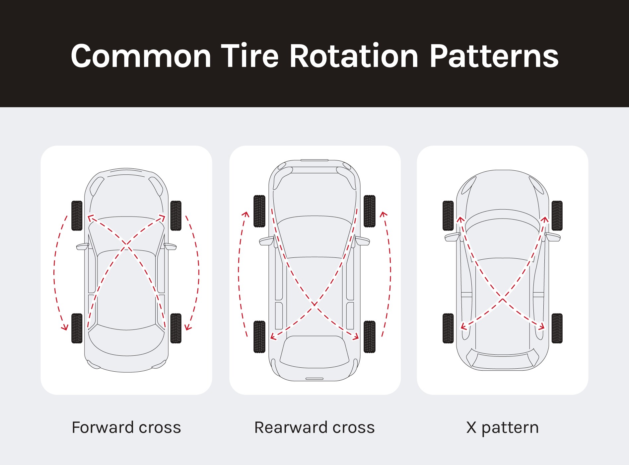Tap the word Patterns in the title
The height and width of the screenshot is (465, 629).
pyautogui.click(x=494, y=56)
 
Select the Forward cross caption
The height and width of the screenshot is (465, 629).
pyautogui.click(x=126, y=427)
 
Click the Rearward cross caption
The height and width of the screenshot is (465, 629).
pyautogui.click(x=314, y=427)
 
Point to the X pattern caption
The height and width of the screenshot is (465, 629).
pyautogui.click(x=502, y=428)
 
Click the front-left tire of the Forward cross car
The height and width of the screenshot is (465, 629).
pyautogui.click(x=77, y=216)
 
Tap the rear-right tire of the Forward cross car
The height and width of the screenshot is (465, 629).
pyautogui.click(x=176, y=328)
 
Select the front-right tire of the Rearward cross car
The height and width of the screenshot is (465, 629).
pyautogui.click(x=369, y=211)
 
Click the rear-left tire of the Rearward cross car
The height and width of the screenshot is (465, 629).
pyautogui.click(x=259, y=336)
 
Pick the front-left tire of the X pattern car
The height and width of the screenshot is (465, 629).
pyautogui.click(x=448, y=216)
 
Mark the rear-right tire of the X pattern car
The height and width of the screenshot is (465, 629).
pyautogui.click(x=557, y=328)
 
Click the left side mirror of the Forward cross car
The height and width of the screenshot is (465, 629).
pyautogui.click(x=82, y=246)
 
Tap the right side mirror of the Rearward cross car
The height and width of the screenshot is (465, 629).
pyautogui.click(x=362, y=240)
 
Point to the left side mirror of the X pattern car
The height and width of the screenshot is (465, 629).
pyautogui.click(x=452, y=237)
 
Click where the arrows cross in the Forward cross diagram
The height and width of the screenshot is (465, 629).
pyautogui.click(x=126, y=245)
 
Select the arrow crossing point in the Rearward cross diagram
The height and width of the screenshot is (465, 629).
pyautogui.click(x=314, y=304)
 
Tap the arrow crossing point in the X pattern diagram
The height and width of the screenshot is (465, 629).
pyautogui.click(x=503, y=299)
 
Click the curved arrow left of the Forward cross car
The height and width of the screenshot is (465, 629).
pyautogui.click(x=55, y=272)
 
